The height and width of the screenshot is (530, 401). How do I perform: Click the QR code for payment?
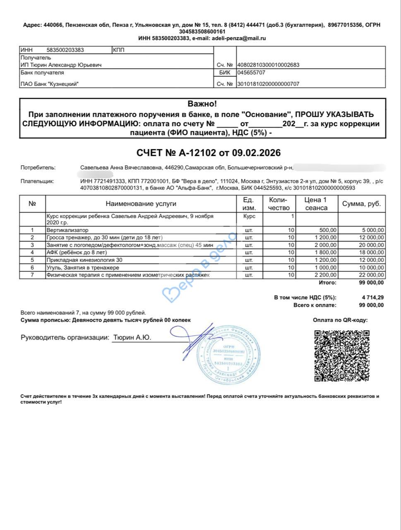341,356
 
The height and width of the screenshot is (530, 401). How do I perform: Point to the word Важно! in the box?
202,104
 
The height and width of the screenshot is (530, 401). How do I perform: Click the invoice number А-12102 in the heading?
197,153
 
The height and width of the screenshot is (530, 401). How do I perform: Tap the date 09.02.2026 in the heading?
256,153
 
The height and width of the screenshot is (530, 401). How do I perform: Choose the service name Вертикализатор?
67,230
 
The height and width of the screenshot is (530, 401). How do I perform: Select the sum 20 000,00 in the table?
370,245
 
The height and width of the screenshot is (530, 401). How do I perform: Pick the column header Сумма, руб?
361,204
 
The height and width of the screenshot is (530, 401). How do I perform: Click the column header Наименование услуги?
141,204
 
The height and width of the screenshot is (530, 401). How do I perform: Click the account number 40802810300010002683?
268,65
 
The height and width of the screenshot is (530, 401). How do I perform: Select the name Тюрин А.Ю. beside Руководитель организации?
132,337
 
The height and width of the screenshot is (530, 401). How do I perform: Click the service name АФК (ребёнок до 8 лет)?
77,253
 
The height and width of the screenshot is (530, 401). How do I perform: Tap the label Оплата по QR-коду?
340,320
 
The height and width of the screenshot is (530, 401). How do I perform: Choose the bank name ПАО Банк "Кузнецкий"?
50,84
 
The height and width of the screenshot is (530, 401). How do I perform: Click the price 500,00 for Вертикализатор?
328,230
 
